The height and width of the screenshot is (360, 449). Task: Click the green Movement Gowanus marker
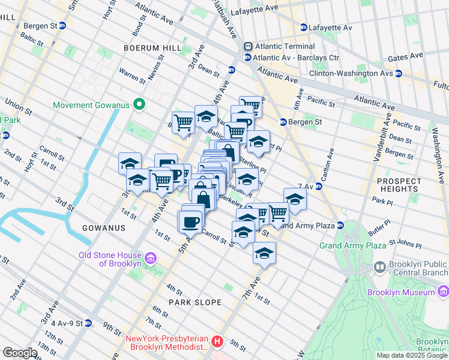pyautogui.click(x=139, y=105)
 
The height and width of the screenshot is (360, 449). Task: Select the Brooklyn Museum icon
pyautogui.click(x=443, y=292)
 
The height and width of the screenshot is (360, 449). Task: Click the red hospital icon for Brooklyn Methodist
pyautogui.click(x=217, y=342)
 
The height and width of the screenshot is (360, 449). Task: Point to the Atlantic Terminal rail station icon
pyautogui.click(x=247, y=47)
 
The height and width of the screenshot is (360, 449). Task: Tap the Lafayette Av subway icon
pyautogui.click(x=304, y=28)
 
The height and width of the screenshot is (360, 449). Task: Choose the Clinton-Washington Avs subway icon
pyautogui.click(x=399, y=73)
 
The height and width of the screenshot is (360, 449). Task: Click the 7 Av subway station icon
pyautogui.click(x=319, y=186)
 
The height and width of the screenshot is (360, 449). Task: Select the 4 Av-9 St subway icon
pyautogui.click(x=88, y=323)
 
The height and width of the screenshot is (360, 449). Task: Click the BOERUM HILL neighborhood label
pyautogui.click(x=148, y=47)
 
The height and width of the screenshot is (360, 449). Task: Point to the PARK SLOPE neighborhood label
pyautogui.click(x=194, y=302)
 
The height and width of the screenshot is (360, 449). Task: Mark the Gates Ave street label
pyautogui.click(x=406, y=58)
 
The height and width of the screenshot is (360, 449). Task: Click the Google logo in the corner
pyautogui.click(x=20, y=353)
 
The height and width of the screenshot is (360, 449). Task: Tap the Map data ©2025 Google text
pyautogui.click(x=412, y=355)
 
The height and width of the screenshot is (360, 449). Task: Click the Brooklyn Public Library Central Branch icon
pyautogui.click(x=379, y=266)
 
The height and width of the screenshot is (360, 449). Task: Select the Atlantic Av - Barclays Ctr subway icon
pyautogui.click(x=247, y=58)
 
